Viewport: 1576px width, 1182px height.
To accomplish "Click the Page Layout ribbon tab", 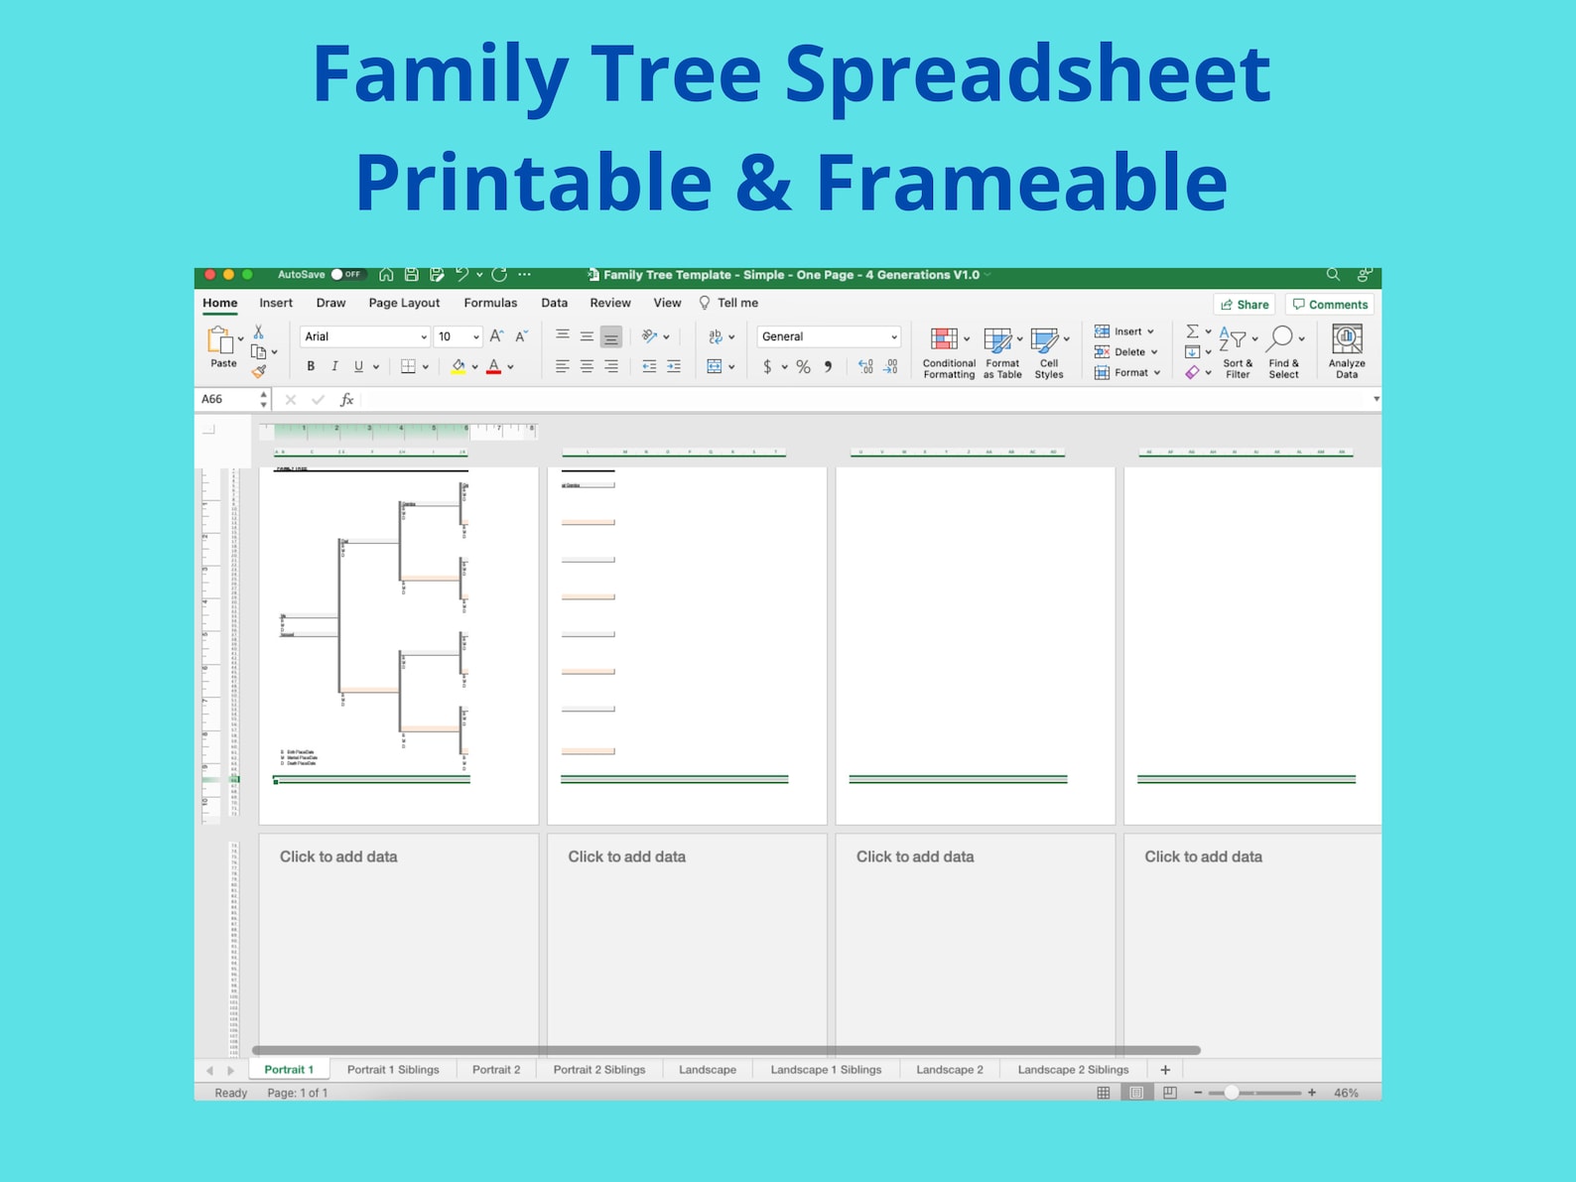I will click(403, 303).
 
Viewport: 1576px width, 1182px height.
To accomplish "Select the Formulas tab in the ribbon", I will click(490, 303).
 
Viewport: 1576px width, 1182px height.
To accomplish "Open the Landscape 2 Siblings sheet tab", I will click(1073, 1070).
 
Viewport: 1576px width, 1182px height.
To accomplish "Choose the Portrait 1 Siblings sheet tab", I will click(393, 1070).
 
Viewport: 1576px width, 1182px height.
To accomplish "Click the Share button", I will click(1245, 305).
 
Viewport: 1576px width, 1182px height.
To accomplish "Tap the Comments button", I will click(1330, 305).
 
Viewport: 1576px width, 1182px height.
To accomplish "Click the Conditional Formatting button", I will click(947, 352).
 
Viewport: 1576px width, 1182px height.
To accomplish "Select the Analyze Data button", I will click(1347, 350).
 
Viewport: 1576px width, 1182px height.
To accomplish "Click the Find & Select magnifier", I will click(1281, 340).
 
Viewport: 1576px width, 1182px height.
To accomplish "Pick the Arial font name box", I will click(363, 336).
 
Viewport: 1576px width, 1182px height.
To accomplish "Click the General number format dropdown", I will click(829, 336).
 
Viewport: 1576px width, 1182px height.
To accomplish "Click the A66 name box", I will click(226, 399).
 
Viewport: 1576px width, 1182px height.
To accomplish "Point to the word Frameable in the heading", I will click(1021, 182).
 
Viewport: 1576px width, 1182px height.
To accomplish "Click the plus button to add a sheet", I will click(1165, 1070).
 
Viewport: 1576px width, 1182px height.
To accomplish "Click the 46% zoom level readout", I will click(1346, 1093).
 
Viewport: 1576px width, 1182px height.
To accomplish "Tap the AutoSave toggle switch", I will click(347, 275).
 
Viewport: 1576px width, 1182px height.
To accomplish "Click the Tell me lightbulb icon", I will click(705, 303).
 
